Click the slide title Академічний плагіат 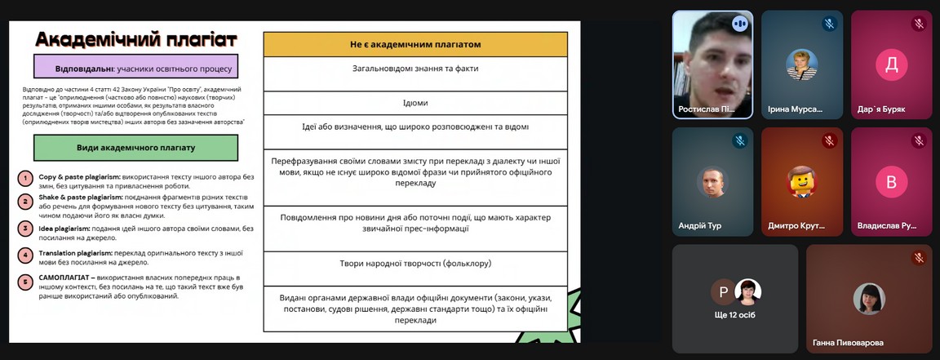(x=136, y=39)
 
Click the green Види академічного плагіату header (x=135, y=148)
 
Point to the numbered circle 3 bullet (x=25, y=229)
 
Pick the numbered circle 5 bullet (x=25, y=282)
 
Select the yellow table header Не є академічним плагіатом (x=415, y=44)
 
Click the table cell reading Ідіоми (x=415, y=103)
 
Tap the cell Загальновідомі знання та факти (x=415, y=69)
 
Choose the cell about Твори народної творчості (x=415, y=264)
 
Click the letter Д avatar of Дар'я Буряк (x=891, y=65)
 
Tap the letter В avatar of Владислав (x=891, y=181)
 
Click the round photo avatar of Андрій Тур (x=712, y=181)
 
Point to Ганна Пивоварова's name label (x=848, y=343)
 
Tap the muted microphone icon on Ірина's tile (x=829, y=24)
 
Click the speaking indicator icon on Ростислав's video (x=739, y=24)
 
